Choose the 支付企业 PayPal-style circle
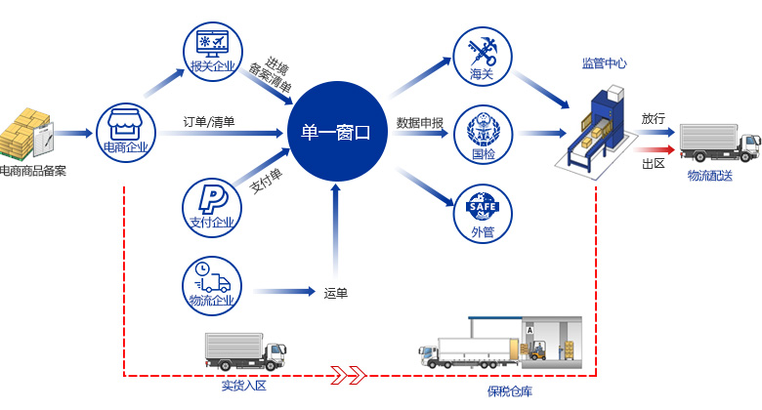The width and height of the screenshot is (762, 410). pos(212,204)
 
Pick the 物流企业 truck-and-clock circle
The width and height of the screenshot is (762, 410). pos(212,282)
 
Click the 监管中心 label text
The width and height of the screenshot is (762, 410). pos(604,63)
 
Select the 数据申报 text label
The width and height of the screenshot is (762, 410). pos(420,123)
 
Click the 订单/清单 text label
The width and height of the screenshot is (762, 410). pos(215,123)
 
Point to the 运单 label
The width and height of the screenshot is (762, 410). pos(335,292)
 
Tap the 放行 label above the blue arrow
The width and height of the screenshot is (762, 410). pos(654,118)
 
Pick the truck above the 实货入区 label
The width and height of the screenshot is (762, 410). pos(245,350)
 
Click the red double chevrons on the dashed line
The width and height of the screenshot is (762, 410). pos(349,373)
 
